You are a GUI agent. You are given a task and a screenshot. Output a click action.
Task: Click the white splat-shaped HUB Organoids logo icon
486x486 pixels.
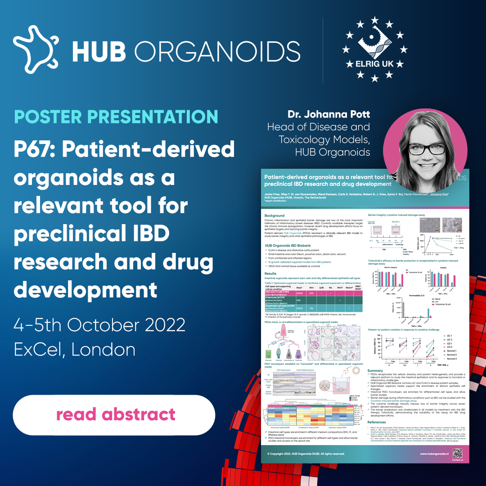tap(36, 46)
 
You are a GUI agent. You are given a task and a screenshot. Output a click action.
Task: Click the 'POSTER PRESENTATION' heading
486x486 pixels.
tap(116, 116)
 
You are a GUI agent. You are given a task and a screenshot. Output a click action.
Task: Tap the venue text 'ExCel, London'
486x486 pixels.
tap(75, 350)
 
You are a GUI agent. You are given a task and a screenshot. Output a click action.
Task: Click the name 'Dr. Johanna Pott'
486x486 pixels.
tap(328, 114)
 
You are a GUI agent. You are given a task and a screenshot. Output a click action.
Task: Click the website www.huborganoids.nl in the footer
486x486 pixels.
tap(434, 454)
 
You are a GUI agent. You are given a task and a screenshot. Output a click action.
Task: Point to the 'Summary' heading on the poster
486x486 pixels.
tap(375, 371)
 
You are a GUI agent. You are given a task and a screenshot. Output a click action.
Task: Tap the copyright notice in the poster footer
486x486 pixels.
tap(306, 454)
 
